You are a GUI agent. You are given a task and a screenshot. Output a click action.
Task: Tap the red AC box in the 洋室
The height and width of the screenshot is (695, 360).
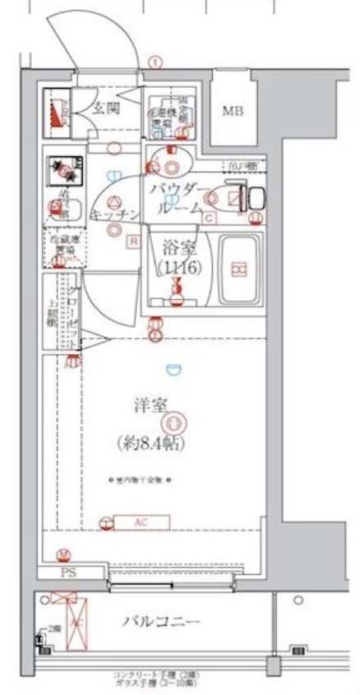(x=141, y=522)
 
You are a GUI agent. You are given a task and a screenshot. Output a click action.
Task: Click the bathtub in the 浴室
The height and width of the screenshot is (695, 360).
(x=239, y=267)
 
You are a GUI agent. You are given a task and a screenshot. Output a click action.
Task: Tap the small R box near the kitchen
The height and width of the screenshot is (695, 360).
(x=132, y=241)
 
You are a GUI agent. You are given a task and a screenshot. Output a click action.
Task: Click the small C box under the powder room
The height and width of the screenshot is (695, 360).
(x=210, y=218)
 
